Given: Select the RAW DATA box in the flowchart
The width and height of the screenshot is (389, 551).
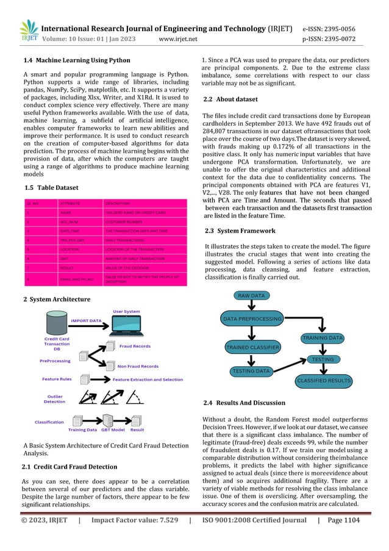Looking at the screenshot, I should click(251, 295).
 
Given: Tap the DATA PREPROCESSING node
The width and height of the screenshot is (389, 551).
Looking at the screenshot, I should click(251, 319).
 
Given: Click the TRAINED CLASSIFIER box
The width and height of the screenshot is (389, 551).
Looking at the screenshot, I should click(252, 347).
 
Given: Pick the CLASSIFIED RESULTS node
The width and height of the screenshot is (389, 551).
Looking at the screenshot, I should click(323, 381).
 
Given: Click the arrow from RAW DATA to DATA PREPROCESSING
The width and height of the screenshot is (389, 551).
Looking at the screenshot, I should click(251, 307).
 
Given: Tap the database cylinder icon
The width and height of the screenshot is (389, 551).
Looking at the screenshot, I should click(57, 322).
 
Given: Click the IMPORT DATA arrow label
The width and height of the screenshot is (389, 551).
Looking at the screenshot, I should click(86, 320).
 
